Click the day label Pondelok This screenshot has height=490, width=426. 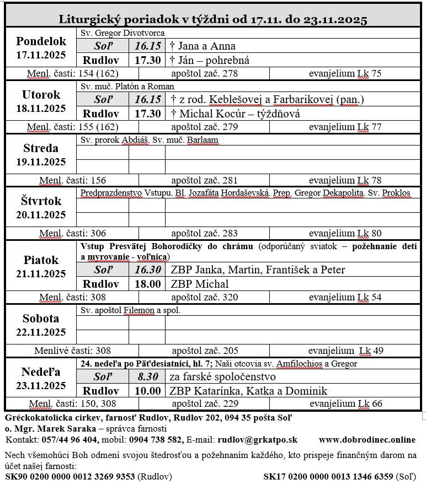41,41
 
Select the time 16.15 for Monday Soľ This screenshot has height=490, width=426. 147,46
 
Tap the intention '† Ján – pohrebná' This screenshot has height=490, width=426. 210,60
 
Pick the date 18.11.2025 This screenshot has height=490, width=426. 41,109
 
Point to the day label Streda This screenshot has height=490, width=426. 41,148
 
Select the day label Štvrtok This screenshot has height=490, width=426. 41,201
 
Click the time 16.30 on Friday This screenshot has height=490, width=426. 147,270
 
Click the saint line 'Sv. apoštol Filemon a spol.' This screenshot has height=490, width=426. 131,310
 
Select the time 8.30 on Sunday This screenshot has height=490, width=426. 147,377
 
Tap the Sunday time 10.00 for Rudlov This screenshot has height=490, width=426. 147,391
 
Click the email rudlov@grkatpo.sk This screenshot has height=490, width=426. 258,439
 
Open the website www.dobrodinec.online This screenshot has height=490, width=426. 367,439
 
